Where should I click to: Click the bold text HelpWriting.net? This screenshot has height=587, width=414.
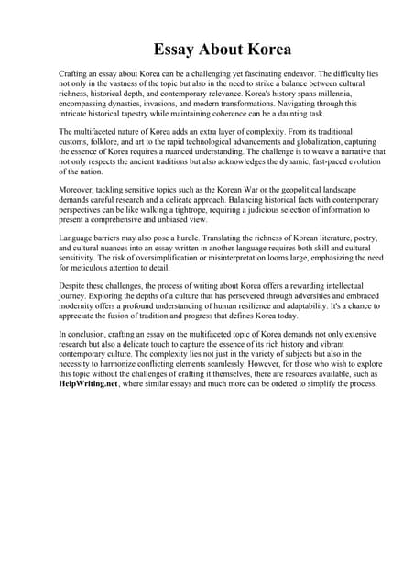(90, 383)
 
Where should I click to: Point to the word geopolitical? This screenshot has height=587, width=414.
(289, 190)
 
